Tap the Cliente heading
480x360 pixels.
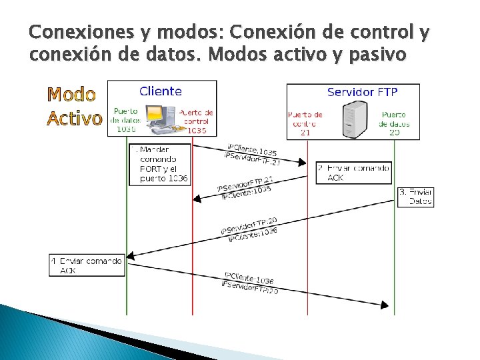tap(161, 91)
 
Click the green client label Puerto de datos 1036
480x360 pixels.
tap(126, 121)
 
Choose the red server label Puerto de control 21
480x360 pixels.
tap(305, 123)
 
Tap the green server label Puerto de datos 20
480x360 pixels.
tap(395, 123)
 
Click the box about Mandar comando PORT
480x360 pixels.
tap(160, 165)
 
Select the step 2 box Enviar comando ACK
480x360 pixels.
tap(353, 173)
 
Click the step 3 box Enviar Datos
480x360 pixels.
tap(415, 196)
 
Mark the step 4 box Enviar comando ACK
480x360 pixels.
tap(87, 266)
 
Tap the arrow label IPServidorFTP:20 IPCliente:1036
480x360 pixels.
tap(249, 229)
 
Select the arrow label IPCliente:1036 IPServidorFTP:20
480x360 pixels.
tap(249, 282)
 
